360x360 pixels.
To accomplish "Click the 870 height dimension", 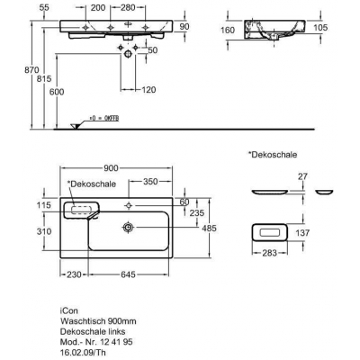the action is [x=31, y=70].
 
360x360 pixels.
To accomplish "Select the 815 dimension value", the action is [x=44, y=78].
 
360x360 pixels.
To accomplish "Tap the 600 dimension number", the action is [x=57, y=92].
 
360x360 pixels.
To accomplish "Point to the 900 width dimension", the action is [x=111, y=168].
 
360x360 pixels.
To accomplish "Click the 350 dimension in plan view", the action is [x=150, y=182].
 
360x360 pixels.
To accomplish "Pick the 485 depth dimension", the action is [x=209, y=229].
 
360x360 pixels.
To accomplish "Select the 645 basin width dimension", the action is [x=129, y=274].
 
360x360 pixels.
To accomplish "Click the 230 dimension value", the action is [x=74, y=274].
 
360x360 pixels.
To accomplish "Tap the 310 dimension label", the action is [x=44, y=231].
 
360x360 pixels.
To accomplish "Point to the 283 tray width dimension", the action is [x=269, y=253].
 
